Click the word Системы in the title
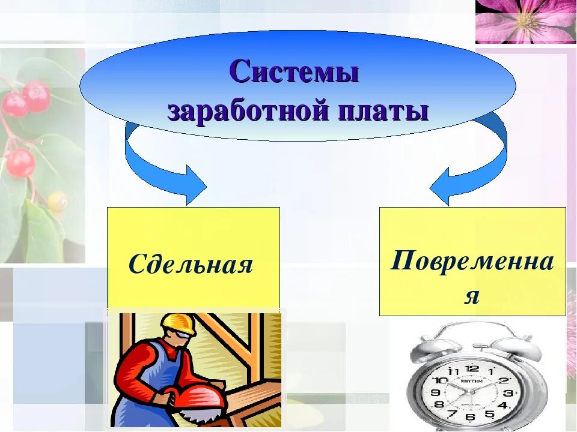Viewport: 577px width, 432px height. tap(294, 73)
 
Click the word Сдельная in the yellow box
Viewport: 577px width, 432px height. tap(191, 264)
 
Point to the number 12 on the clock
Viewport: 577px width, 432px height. tap(472, 369)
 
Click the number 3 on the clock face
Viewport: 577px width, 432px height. tap(508, 394)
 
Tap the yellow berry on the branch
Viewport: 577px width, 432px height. tap(58, 201)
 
